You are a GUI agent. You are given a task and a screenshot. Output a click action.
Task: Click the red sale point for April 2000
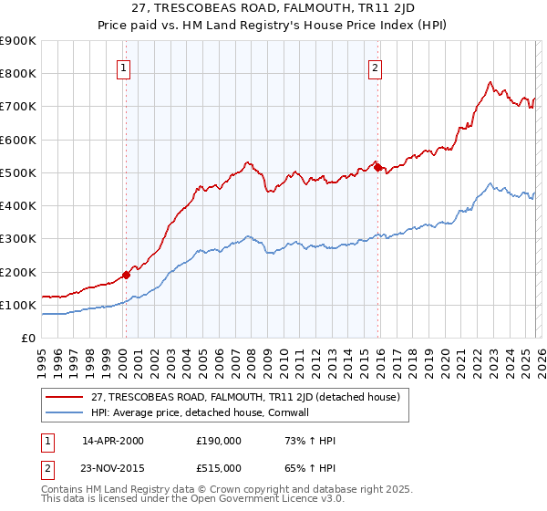click(127, 274)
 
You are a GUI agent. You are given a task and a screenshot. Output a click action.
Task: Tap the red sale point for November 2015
click(377, 167)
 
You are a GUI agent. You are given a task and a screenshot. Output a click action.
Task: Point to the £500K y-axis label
click(17, 172)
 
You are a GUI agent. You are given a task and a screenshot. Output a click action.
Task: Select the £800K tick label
click(17, 74)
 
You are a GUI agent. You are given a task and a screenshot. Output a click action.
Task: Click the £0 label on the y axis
click(28, 338)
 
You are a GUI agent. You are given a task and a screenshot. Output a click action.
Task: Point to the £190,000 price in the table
click(219, 441)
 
